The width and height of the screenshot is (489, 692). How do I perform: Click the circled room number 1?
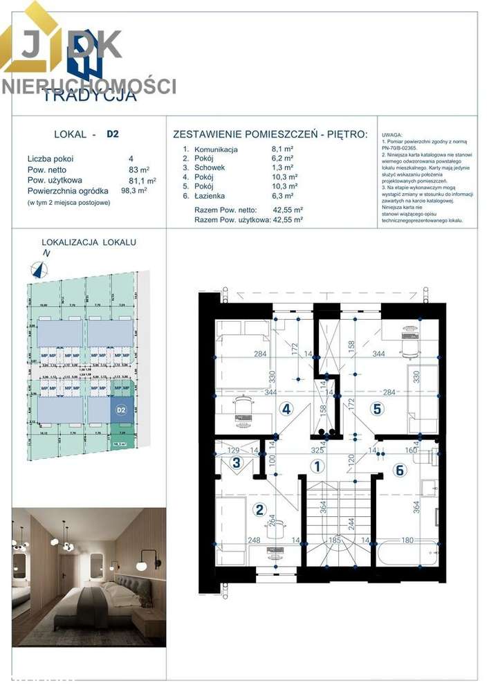[x=317, y=466]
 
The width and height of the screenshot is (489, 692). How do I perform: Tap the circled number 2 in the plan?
[x=259, y=510]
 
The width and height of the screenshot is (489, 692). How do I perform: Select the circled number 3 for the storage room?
[x=237, y=463]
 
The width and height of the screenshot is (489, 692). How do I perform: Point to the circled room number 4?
[x=286, y=409]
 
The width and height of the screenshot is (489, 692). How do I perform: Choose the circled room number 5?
[x=377, y=409]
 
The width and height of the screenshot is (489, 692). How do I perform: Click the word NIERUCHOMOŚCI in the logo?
[x=89, y=86]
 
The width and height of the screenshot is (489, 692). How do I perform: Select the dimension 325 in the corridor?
[x=317, y=450]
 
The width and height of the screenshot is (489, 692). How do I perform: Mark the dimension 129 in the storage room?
[x=232, y=450]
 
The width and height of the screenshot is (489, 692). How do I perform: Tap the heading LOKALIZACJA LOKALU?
[x=89, y=242]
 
